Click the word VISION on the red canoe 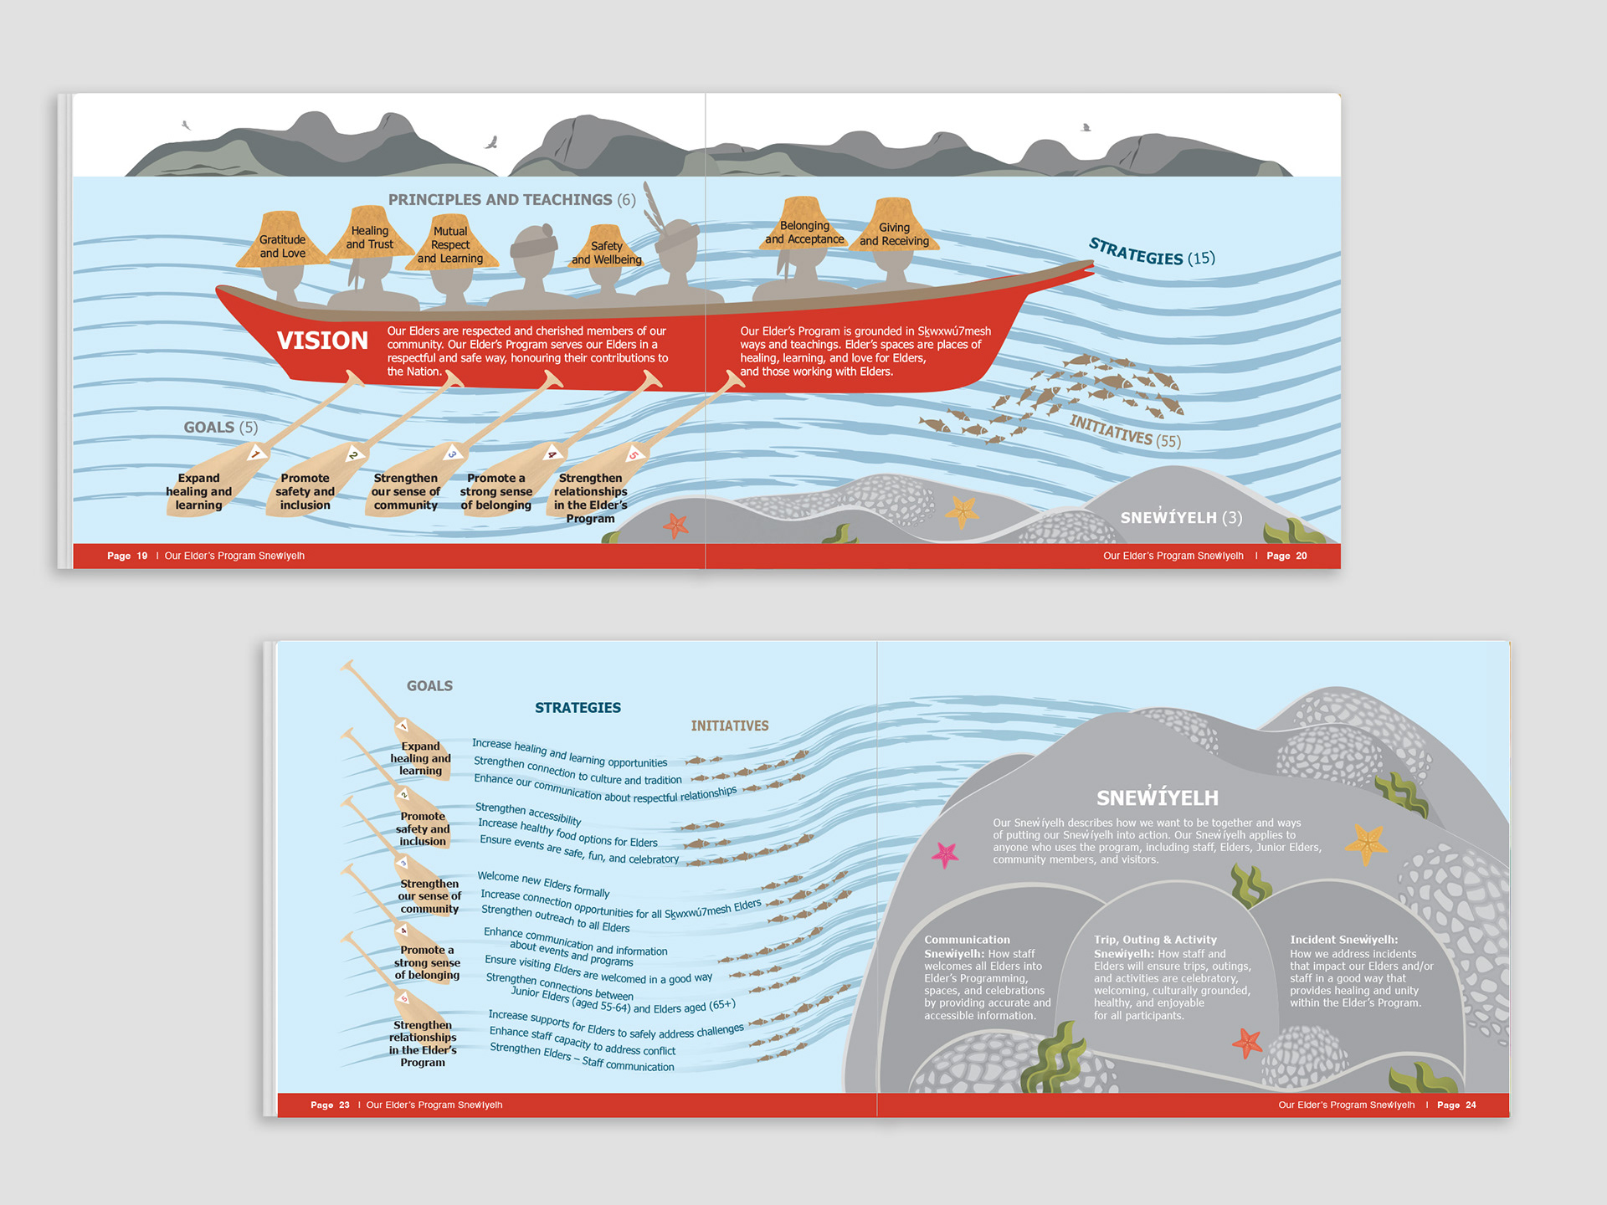coord(322,341)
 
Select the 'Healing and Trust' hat coord(369,236)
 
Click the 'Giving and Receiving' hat coord(894,233)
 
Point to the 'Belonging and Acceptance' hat coord(804,230)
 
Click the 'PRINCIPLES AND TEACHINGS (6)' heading coord(511,200)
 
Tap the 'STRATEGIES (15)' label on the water coord(1151,252)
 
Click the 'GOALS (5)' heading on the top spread coord(221,428)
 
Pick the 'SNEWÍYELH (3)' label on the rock coord(1181,518)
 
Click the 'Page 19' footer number coord(127,556)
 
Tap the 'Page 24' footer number coord(1456,1105)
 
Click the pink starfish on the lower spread coord(945,854)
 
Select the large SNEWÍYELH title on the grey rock coord(1158,797)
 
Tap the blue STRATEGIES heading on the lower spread coord(578,708)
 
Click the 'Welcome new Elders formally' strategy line coord(543,884)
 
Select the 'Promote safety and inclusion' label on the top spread coord(305,492)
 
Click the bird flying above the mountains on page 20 coord(1086,128)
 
